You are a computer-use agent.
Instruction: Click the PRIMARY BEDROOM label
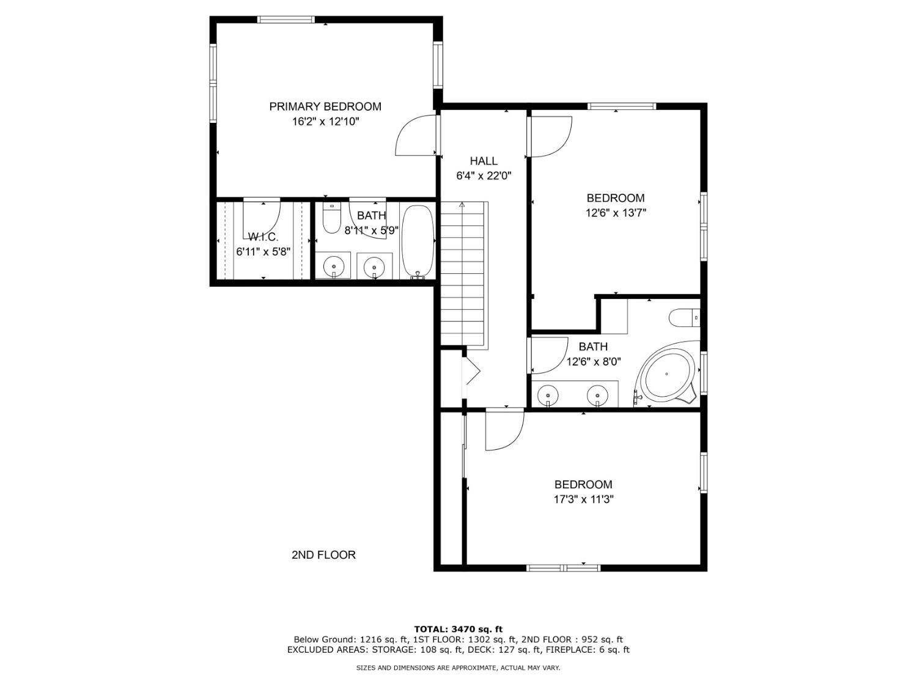point(325,106)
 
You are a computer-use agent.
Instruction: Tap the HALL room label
point(484,161)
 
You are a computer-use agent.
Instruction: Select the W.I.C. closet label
point(263,237)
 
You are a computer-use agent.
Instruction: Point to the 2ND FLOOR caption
point(323,554)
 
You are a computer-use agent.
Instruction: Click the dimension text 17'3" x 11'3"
point(583,499)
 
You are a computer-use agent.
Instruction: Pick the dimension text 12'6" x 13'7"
point(616,213)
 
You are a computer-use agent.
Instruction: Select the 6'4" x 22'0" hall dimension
point(484,176)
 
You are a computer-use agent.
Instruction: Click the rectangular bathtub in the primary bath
point(418,241)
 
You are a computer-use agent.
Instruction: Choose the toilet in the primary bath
point(332,218)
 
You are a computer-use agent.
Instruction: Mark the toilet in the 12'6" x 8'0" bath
point(684,317)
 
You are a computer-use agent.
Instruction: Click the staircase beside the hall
point(464,274)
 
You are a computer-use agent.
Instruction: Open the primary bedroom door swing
point(416,136)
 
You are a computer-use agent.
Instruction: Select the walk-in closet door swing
point(262,220)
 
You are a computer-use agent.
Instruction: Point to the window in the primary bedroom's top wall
point(285,19)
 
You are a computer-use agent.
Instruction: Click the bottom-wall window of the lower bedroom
point(563,568)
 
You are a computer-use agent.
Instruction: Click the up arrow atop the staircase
point(462,205)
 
